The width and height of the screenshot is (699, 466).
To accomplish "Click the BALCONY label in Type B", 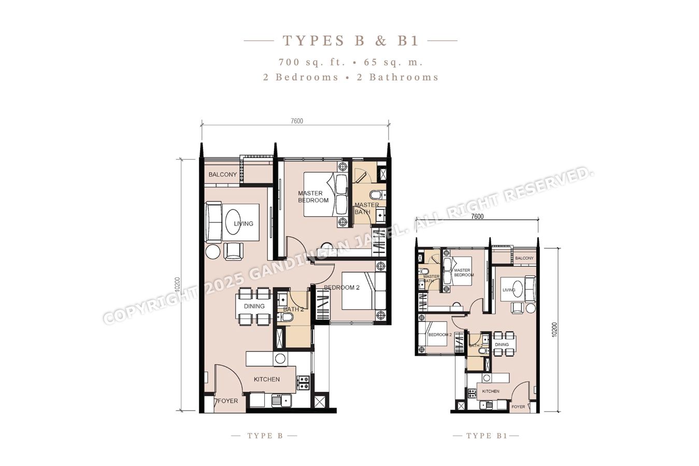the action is pos(222,175).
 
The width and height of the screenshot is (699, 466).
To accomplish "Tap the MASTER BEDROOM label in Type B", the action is pos(313,197).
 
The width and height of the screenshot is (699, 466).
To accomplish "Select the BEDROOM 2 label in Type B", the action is pos(341,288).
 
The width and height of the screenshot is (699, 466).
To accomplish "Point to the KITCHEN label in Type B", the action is pos(266,379).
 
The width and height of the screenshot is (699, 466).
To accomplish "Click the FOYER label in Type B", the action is pos(228,401).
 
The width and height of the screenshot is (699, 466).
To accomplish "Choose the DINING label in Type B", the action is pos(254,306).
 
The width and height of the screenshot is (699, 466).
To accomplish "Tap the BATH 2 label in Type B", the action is pos(293,309).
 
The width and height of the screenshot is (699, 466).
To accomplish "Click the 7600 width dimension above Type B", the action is pos(297,121).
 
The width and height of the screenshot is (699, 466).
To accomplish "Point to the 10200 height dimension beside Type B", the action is pos(178,285).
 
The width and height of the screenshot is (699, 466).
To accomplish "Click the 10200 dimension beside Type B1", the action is pos(554,330).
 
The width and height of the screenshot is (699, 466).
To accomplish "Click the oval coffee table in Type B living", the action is pos(233,221).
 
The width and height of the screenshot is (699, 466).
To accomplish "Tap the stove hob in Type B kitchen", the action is pos(303,383).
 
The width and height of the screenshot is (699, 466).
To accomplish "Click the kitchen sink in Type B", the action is pos(281,400).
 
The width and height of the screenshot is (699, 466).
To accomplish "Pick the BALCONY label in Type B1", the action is pos(524,258).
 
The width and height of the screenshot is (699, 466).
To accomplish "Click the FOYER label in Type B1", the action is pos(518,407).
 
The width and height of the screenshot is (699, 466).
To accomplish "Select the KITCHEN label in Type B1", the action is pos(491,391).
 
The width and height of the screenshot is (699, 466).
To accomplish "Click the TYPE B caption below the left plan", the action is pos(265,436).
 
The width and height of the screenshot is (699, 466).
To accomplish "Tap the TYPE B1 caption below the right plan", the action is pos(487,436).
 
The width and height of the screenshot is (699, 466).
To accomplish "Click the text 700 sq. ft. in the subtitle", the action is pos(312,62).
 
